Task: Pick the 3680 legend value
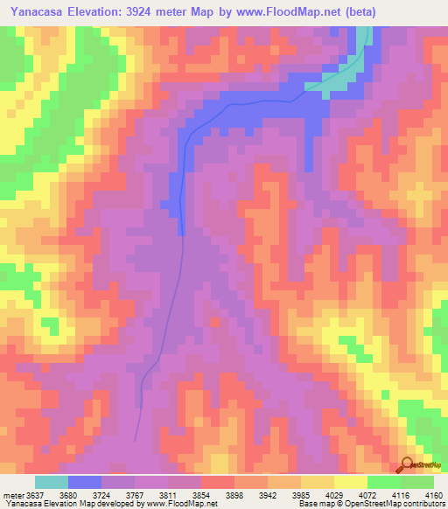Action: pyautogui.click(x=80, y=494)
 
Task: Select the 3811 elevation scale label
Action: pyautogui.click(x=193, y=494)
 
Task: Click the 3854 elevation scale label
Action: pyautogui.click(x=232, y=494)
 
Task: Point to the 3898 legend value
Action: pyautogui.click(x=269, y=494)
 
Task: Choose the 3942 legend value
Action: pyautogui.click(x=308, y=494)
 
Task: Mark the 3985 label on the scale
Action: pyautogui.click(x=346, y=494)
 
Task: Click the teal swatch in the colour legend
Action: pyautogui.click(x=52, y=482)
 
